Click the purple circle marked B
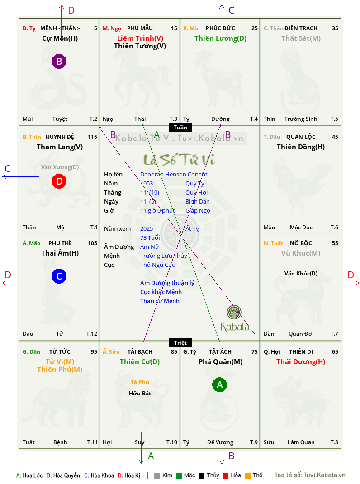pos(59,61)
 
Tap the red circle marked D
pos(59,181)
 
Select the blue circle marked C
pos(59,276)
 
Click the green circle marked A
pos(219,384)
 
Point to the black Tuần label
pos(180,128)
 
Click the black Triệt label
pos(180,342)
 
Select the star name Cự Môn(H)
pos(60,38)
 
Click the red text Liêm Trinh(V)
pos(140,38)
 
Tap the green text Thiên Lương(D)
pos(220,38)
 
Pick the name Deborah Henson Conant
pos(174,175)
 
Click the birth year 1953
pos(147,183)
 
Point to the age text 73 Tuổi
pos(150,237)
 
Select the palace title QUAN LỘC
pos(301,137)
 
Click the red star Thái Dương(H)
pos(301,362)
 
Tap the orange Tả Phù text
pos(140,382)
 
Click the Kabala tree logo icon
pos(234,312)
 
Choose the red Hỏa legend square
pos(225,475)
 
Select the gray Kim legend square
pos(157,475)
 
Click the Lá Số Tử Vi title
pos(179,160)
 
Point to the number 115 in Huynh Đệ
pos(92,137)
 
